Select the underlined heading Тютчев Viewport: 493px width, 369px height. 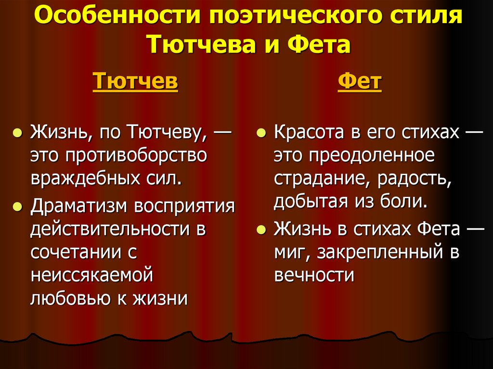coord(135,81)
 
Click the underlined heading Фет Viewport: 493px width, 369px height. coord(359,81)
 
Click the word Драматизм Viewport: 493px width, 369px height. coord(78,206)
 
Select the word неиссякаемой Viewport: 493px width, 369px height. coord(91,276)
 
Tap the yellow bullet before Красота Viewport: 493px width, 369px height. coord(261,133)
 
